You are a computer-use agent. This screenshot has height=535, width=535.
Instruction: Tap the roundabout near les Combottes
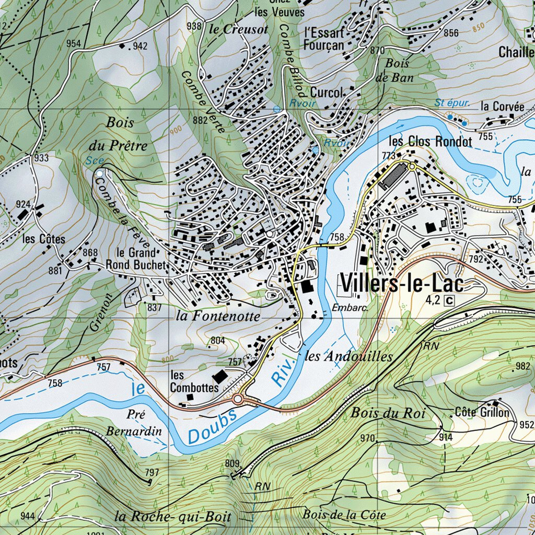[238, 400]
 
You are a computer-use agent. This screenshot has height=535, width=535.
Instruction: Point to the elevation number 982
[522, 366]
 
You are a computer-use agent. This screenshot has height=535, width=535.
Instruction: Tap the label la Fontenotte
[217, 316]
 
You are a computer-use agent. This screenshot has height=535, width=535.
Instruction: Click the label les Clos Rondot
[431, 142]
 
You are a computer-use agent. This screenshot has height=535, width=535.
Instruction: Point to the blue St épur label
[451, 103]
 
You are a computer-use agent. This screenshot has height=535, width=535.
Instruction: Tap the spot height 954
[74, 43]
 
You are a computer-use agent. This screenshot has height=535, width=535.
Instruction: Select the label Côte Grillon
[481, 412]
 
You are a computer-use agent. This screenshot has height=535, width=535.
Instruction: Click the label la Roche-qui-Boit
[172, 517]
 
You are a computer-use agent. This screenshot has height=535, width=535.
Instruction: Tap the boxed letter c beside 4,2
[449, 300]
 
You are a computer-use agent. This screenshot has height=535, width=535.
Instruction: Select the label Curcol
[327, 92]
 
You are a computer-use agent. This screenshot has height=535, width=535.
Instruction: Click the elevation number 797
[152, 473]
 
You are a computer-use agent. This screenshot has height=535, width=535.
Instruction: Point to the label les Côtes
[44, 239]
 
